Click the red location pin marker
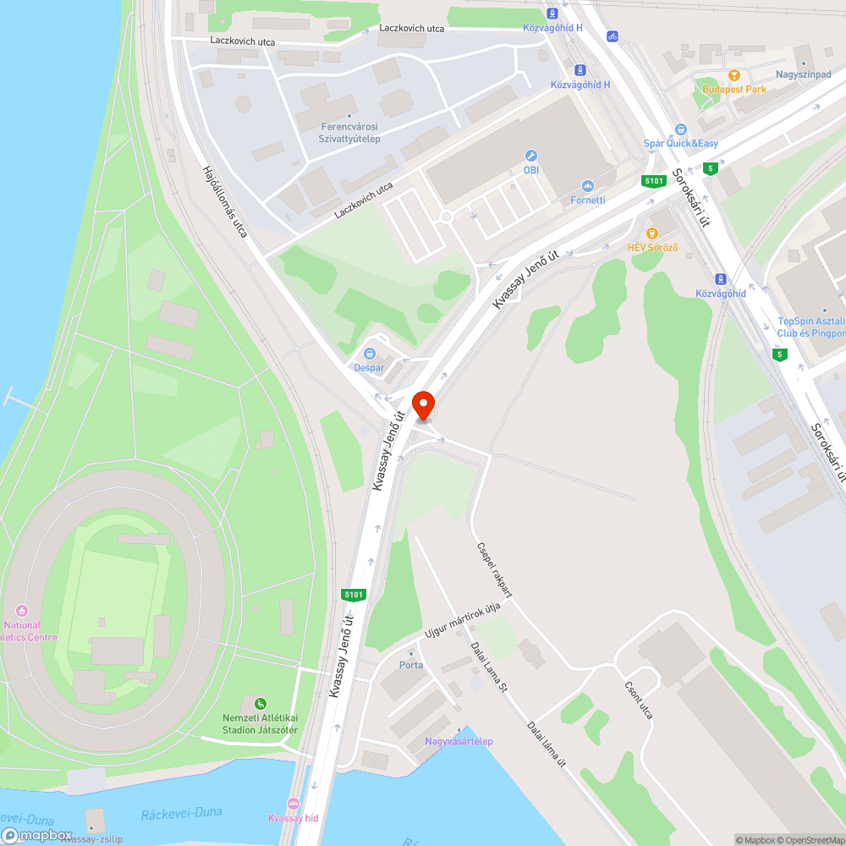click(422, 404)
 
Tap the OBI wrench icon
click(531, 156)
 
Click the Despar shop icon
click(369, 354)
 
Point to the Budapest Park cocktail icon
click(733, 75)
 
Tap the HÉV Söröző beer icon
click(651, 233)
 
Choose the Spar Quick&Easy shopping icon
click(680, 129)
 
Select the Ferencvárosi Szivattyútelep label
click(350, 133)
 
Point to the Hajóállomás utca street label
click(224, 201)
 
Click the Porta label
click(411, 664)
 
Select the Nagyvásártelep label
click(459, 741)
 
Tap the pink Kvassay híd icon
click(294, 804)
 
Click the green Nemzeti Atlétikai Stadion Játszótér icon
click(261, 704)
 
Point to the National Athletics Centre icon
click(22, 611)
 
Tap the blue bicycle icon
click(613, 36)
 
